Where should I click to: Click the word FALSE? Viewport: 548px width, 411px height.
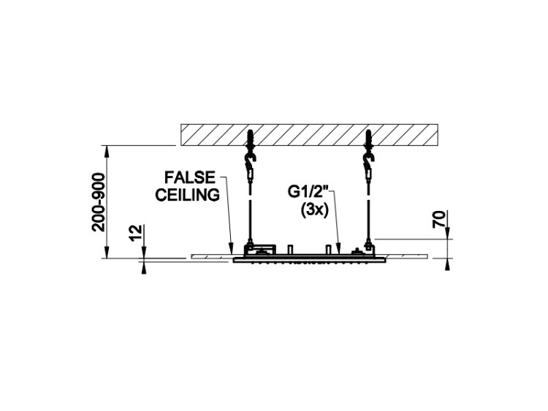tap(190, 177)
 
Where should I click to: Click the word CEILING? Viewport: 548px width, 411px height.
tap(188, 195)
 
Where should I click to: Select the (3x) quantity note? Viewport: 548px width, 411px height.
tap(315, 210)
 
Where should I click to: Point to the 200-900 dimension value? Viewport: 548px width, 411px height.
tap(99, 201)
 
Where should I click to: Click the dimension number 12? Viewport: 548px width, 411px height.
tap(136, 233)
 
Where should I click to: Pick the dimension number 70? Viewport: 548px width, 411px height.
tap(440, 219)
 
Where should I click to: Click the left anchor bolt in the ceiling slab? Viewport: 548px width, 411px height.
tap(250, 139)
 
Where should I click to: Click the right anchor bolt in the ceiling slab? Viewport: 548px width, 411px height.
tap(368, 139)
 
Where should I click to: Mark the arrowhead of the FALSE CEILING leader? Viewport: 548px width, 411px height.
tap(231, 249)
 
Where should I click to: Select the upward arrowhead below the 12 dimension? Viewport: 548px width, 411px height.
tap(144, 267)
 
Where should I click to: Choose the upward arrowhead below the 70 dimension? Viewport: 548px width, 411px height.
tap(447, 264)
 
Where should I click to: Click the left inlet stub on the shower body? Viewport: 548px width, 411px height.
tap(289, 250)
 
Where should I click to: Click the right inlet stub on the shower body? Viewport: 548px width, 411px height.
tap(328, 250)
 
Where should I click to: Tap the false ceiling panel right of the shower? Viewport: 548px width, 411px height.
tap(407, 256)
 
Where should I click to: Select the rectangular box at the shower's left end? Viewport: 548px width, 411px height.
tap(260, 250)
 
